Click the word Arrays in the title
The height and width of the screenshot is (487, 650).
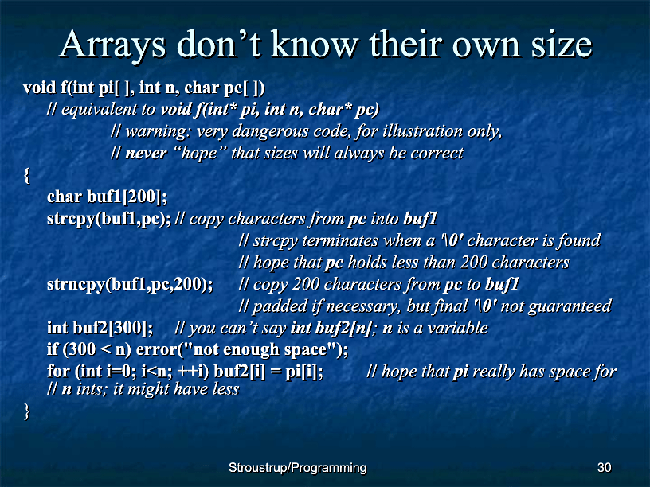(112, 45)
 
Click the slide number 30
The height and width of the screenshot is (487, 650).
(605, 468)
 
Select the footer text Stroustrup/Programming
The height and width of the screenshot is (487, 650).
(297, 468)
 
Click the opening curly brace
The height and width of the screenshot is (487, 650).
(27, 175)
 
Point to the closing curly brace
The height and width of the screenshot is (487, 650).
(27, 411)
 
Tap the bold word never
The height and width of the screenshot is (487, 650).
(146, 154)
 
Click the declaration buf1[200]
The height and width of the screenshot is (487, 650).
(127, 197)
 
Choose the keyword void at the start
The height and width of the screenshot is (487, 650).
(39, 88)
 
